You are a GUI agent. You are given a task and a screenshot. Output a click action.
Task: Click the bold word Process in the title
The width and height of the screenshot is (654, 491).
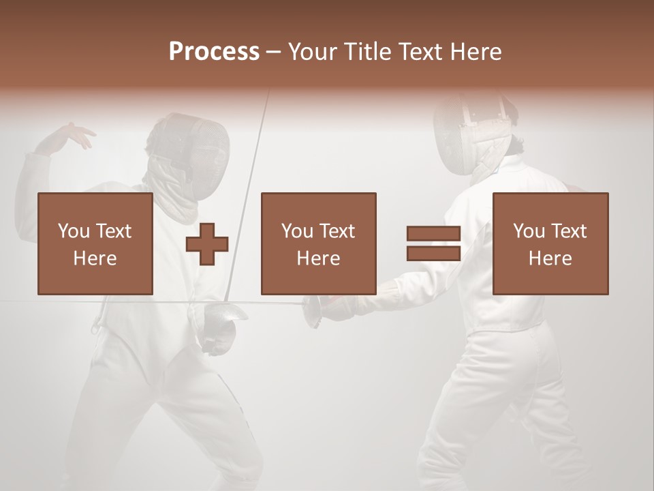[214, 51]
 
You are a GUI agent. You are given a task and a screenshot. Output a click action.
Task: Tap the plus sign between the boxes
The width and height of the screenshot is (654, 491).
[207, 243]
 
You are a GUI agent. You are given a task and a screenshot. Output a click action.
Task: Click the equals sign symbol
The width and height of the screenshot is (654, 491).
[433, 243]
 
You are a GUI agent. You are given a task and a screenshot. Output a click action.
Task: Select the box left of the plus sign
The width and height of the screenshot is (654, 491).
[95, 243]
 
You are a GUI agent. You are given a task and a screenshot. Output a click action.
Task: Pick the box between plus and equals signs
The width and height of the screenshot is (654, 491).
[318, 243]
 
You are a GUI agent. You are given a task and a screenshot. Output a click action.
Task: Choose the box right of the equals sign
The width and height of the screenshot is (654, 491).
[550, 243]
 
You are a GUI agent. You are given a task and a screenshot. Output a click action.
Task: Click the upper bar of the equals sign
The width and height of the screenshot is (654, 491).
[433, 234]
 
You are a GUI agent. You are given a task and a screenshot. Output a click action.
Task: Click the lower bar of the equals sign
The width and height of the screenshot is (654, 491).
[433, 253]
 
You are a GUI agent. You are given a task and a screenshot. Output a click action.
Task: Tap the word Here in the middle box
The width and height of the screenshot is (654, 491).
[318, 258]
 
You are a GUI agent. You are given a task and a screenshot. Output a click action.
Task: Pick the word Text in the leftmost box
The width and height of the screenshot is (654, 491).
[114, 231]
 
